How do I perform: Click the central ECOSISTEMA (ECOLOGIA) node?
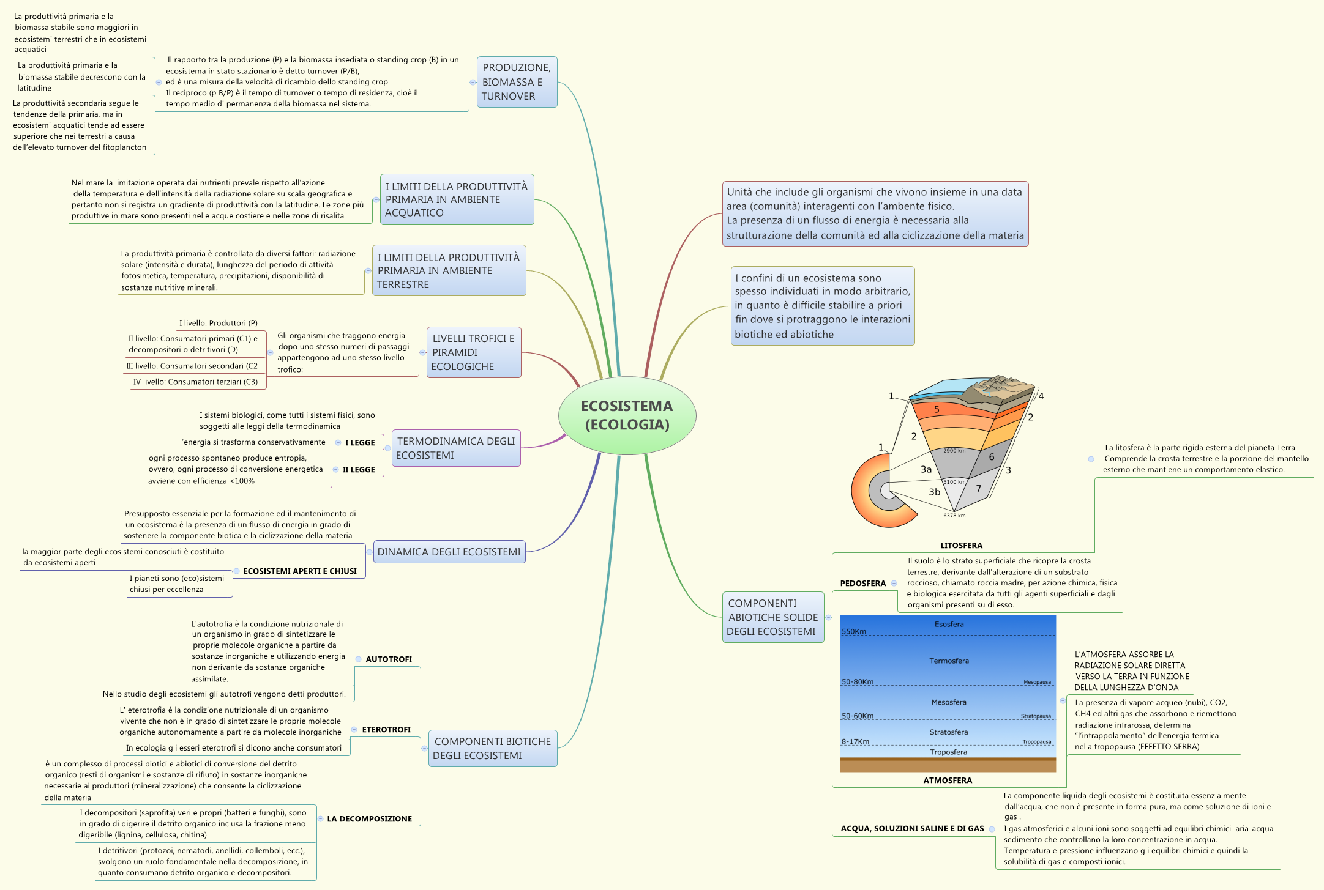[x=627, y=415]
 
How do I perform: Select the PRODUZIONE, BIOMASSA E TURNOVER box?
[x=517, y=82]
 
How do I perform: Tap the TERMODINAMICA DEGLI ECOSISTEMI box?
[x=456, y=448]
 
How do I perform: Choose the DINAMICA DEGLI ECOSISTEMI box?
[x=449, y=552]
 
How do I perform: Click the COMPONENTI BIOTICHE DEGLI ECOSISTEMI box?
[x=493, y=748]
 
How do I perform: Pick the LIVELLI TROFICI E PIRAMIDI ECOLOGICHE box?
[x=474, y=352]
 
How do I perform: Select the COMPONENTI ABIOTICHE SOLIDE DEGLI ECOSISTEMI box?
[x=772, y=617]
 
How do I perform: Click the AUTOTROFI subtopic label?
[x=389, y=659]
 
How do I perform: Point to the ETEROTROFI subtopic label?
[x=386, y=729]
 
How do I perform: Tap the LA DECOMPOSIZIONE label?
[x=369, y=818]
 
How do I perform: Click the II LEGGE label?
[x=359, y=469]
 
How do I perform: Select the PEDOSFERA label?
[x=862, y=583]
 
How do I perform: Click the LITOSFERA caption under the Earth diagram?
[x=961, y=545]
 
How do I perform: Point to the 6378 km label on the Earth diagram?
[x=954, y=516]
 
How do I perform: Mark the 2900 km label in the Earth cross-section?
[x=954, y=451]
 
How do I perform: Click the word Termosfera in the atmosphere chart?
[x=949, y=661]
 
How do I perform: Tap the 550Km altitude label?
[x=854, y=631]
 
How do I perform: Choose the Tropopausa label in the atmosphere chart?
[x=1036, y=742]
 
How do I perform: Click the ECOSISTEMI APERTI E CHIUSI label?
[x=300, y=571]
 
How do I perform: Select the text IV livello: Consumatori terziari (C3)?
[x=195, y=382]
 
